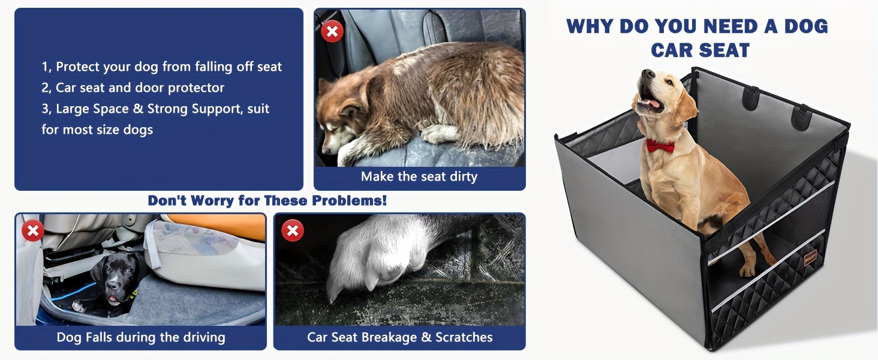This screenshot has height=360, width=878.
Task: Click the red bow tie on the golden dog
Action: point(660,146)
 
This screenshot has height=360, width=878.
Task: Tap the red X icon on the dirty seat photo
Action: point(332,31)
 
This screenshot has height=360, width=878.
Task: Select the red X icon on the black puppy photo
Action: point(33,230)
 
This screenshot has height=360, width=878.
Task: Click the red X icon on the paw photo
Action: point(293,230)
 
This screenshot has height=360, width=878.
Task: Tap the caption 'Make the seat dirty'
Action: point(419,176)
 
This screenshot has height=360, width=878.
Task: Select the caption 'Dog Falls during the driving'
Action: point(141,337)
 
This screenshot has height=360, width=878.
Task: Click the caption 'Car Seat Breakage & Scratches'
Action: point(400,337)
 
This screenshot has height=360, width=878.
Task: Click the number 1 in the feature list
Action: point(46,67)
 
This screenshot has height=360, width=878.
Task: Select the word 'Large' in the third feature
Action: point(73,109)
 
